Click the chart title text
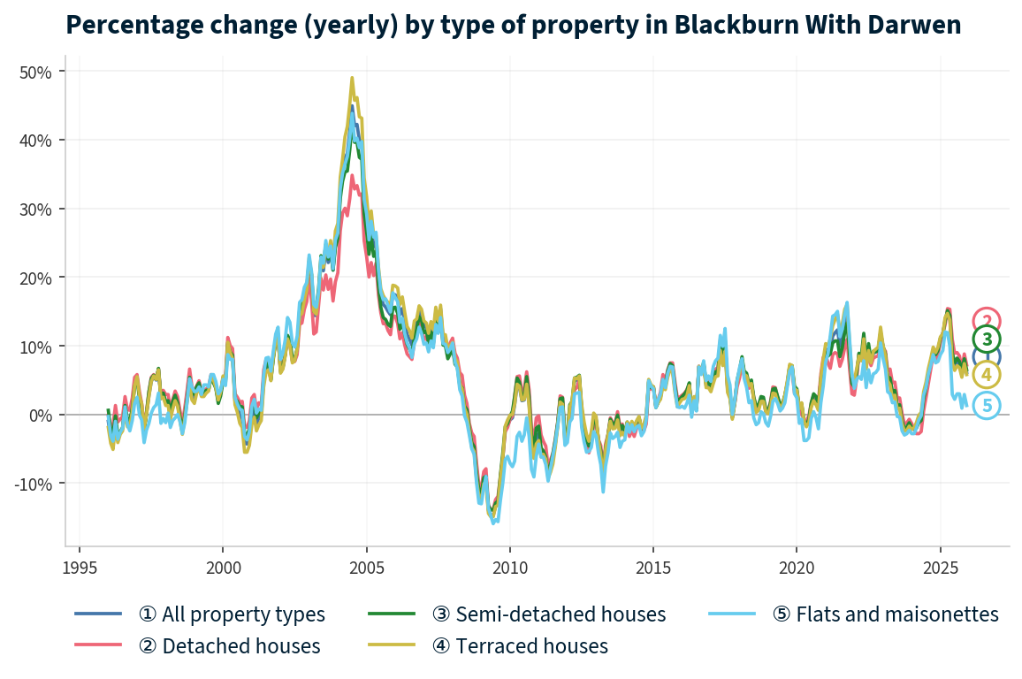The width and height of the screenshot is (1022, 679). coord(513,25)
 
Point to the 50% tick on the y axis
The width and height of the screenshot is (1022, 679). coord(36,72)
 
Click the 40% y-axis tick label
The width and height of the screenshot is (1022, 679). coord(36,140)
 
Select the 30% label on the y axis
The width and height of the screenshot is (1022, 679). coord(36,209)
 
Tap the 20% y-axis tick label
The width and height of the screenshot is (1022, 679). coord(36,278)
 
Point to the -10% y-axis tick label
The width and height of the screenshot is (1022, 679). coord(34,484)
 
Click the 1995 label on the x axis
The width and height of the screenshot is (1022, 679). coord(80,566)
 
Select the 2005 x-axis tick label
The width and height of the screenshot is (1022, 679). coord(366,566)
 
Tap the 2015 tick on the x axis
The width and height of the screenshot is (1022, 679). coord(652,566)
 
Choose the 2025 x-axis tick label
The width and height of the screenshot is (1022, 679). coord(939,566)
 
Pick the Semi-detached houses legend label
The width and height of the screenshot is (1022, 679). coord(548,614)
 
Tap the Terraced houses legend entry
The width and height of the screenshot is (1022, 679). coord(520,646)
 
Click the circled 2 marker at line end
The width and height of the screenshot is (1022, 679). coord(987,321)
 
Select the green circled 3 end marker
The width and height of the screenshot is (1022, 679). coord(987,339)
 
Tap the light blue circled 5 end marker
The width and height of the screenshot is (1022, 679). coord(987,406)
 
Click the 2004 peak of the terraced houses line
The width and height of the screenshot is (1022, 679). coord(352,78)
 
